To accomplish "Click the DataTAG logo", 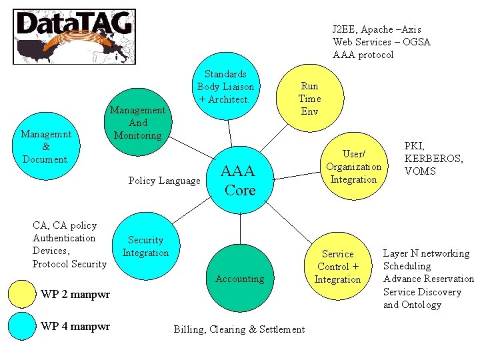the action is click(x=74, y=36).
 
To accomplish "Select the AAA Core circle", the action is click(x=240, y=181).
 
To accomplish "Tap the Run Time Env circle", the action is click(x=310, y=98).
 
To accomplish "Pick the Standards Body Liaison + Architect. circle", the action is click(x=225, y=87).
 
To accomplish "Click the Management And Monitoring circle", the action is click(x=138, y=123).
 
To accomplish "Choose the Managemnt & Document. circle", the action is click(x=45, y=147).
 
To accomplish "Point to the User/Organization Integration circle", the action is click(x=353, y=167).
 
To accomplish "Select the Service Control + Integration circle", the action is click(x=337, y=266).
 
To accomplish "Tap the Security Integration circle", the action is click(x=145, y=246).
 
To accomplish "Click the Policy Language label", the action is click(x=164, y=181).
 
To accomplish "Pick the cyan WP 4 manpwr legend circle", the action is click(x=21, y=326).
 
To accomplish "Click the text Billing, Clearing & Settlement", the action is click(x=239, y=329).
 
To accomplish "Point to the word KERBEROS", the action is click(x=433, y=159).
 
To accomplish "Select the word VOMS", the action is click(x=420, y=171).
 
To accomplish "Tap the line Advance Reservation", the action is click(x=428, y=279).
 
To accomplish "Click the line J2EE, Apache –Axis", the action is click(x=377, y=29).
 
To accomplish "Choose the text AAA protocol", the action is click(x=363, y=55).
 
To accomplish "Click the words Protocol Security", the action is click(x=69, y=264).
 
